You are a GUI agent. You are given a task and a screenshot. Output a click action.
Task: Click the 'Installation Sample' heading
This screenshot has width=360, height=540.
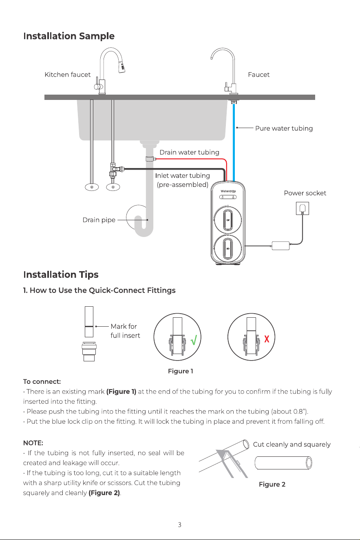point(69,36)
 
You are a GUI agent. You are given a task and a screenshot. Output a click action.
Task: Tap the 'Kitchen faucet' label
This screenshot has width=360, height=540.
point(67,75)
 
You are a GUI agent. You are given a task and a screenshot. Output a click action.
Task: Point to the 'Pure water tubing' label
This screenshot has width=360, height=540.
point(284,128)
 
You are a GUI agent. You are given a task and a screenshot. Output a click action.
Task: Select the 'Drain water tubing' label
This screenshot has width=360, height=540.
point(190,153)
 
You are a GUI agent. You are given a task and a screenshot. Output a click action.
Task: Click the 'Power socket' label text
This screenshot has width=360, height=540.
point(305,193)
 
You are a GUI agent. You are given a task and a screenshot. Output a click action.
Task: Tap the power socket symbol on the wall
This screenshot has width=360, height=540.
point(303,208)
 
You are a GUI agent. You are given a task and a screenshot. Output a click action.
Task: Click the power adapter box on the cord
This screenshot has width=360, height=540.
point(281,246)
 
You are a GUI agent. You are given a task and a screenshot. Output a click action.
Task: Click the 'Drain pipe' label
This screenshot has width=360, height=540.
point(99,220)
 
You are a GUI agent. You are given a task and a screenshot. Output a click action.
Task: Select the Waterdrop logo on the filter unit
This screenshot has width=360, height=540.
point(228,191)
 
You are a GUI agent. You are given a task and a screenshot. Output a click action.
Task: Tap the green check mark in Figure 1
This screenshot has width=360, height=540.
point(194,340)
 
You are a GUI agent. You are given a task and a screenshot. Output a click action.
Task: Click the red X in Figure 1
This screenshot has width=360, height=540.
point(267,339)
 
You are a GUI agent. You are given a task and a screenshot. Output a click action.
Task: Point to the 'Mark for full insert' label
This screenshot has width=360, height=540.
point(125,331)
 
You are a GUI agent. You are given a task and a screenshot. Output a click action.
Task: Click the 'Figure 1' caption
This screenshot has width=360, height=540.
point(181,371)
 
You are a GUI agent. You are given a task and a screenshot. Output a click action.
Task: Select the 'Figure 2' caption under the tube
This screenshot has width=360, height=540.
point(272,484)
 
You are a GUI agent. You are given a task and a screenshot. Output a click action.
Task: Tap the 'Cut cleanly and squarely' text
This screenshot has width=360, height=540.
point(292,444)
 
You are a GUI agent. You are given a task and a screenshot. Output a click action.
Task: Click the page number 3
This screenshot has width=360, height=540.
point(179,525)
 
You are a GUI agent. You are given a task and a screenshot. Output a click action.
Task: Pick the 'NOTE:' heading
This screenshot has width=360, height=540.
point(33,443)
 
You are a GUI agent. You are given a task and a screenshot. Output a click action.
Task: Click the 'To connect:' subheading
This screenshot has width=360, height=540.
point(42,381)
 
